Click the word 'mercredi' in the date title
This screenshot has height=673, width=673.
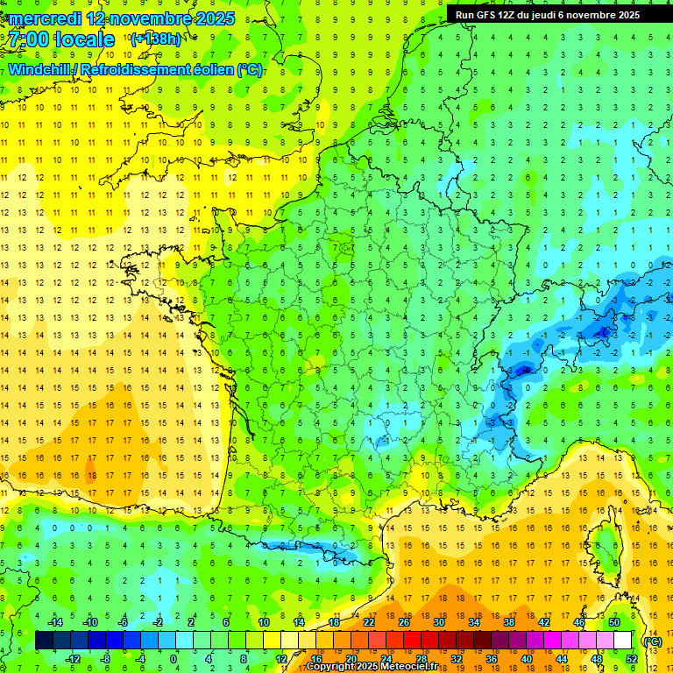(46, 18)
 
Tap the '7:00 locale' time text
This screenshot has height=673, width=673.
(61, 39)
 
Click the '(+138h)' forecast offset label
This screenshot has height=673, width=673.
(155, 39)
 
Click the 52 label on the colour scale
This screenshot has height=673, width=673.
(631, 659)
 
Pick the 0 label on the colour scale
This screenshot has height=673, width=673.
(174, 659)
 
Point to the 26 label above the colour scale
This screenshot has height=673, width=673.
(404, 621)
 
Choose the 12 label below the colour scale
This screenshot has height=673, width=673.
(281, 659)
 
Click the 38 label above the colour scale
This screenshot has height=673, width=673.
(509, 621)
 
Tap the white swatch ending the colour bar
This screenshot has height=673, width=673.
(622, 641)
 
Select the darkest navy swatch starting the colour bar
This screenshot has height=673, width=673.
(44, 641)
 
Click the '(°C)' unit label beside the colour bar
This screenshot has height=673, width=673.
(652, 641)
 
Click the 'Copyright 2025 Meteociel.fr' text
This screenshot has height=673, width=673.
(371, 667)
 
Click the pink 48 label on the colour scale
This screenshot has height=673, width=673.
(596, 659)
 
